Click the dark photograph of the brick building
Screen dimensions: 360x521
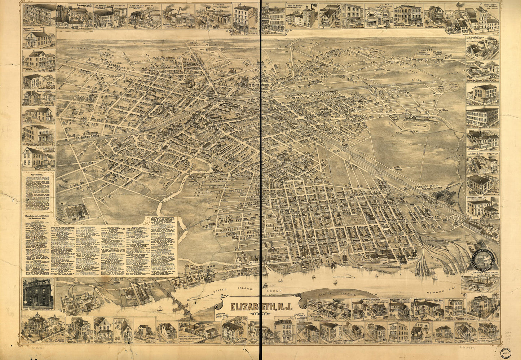[x=37, y=293]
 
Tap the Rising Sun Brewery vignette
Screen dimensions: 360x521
[x=300, y=16]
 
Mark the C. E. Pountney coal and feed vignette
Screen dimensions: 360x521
[x=482, y=47]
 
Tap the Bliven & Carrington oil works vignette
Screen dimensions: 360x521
[x=199, y=330]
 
